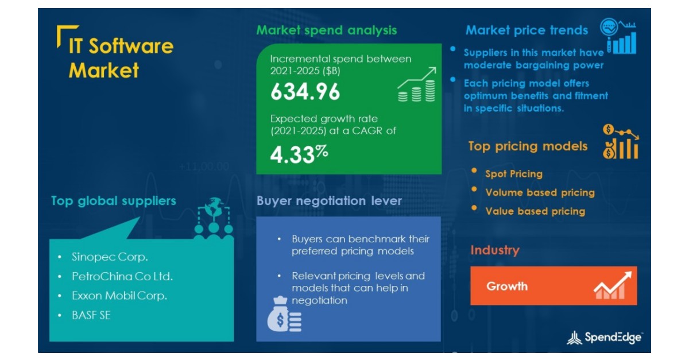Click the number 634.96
click(x=305, y=92)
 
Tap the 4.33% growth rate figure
click(x=299, y=154)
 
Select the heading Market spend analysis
click(x=326, y=30)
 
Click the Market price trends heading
click(x=527, y=30)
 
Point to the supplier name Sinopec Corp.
click(x=110, y=257)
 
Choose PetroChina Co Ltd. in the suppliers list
click(x=122, y=276)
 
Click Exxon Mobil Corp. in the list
click(x=119, y=296)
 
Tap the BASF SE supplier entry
click(x=91, y=315)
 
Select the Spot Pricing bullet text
click(x=514, y=174)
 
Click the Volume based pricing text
click(x=540, y=192)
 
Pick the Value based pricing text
click(x=535, y=211)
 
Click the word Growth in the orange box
click(x=507, y=287)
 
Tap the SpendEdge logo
click(x=605, y=338)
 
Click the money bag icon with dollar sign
click(x=284, y=314)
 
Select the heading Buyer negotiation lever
click(x=329, y=201)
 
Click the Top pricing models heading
click(x=528, y=146)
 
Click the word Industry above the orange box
click(x=495, y=250)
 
